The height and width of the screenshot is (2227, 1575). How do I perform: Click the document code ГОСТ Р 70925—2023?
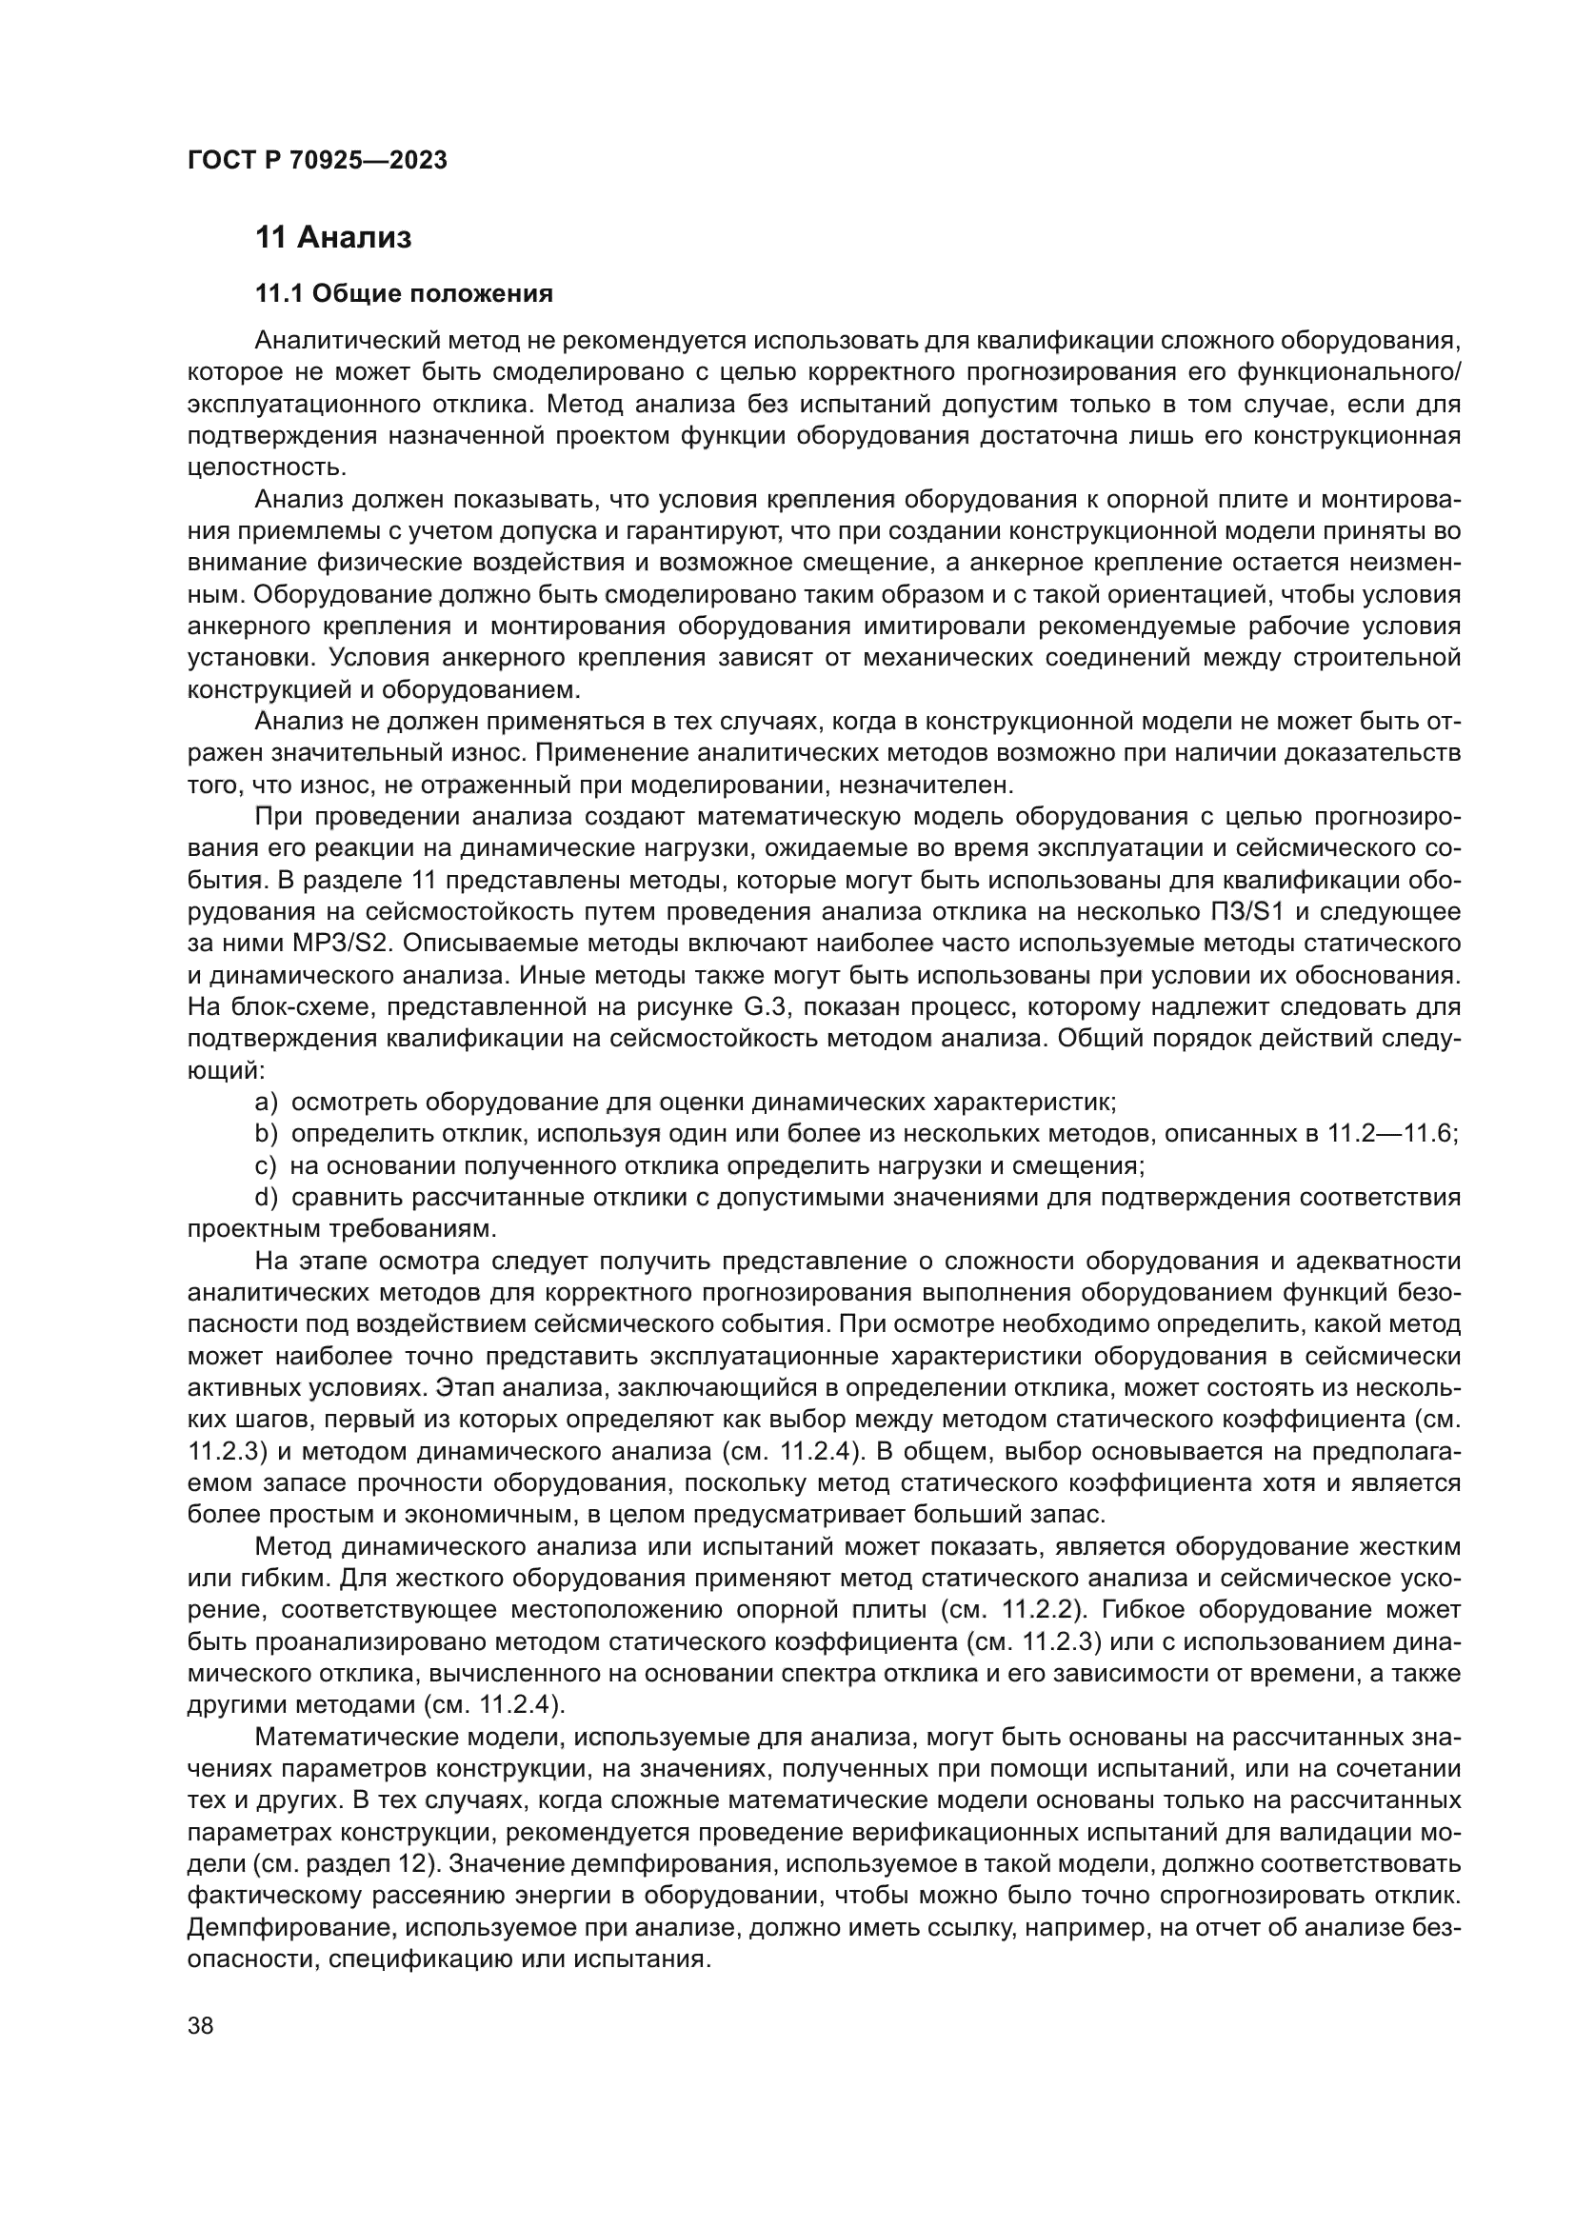[317, 161]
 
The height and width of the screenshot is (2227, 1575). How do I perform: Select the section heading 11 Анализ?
[332, 238]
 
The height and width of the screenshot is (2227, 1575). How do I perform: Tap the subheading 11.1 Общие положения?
[404, 293]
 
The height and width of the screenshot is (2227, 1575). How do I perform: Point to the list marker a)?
[266, 1103]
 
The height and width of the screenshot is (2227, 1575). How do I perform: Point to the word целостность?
[266, 467]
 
